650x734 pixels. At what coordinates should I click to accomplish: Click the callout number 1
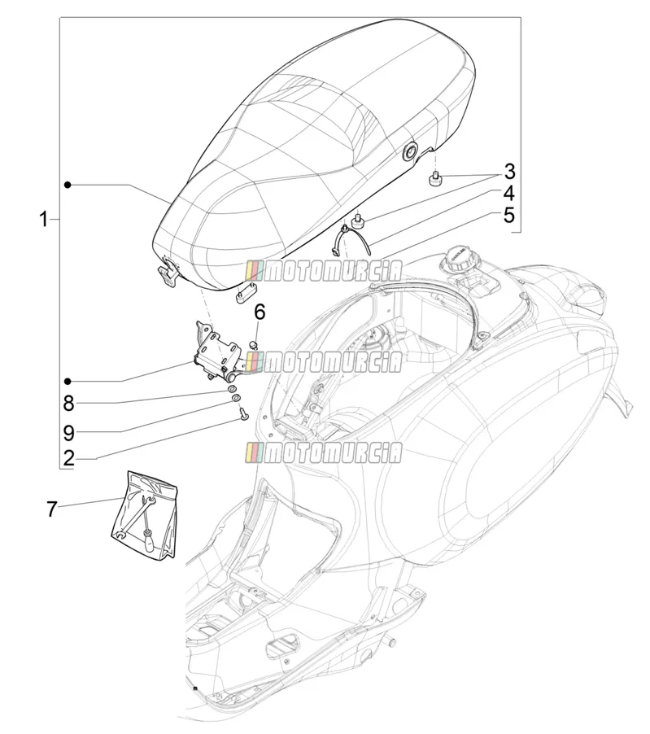[x=44, y=219]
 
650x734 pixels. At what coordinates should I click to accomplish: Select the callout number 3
[x=509, y=172]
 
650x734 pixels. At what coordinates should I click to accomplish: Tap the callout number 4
[x=509, y=194]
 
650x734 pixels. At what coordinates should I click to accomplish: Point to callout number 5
[x=509, y=216]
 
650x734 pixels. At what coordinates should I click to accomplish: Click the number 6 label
[x=260, y=312]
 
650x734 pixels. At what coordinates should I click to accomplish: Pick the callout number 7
[x=52, y=509]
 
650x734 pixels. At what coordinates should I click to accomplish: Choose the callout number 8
[x=69, y=404]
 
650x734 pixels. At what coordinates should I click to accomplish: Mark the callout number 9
[x=69, y=433]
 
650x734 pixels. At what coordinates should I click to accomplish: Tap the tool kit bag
[x=145, y=515]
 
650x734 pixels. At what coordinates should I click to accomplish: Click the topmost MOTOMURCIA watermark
[x=324, y=272]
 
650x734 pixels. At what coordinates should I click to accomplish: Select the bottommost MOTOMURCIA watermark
[x=324, y=452]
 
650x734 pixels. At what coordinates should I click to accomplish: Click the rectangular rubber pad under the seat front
[x=248, y=293]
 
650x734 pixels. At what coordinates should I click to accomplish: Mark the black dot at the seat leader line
[x=68, y=186]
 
